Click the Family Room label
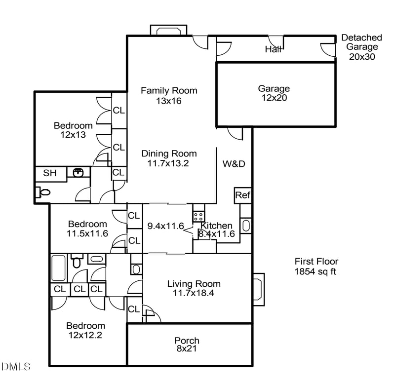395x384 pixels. [x=169, y=90]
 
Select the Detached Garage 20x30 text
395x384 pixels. [x=362, y=47]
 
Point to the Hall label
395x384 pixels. [x=273, y=49]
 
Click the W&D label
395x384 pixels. [x=234, y=163]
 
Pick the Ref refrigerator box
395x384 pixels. [x=242, y=195]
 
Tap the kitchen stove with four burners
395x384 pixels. [x=198, y=217]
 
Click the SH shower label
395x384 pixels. [x=49, y=173]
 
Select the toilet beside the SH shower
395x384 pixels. [x=43, y=192]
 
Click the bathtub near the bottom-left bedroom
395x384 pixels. [x=59, y=268]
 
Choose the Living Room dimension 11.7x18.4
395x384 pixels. [x=194, y=293]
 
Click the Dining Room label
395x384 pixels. [x=169, y=154]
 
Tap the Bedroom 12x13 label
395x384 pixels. [x=73, y=130]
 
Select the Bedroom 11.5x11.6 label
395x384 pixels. [x=87, y=229]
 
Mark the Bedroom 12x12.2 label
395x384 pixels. [x=86, y=330]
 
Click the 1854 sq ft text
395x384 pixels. [x=316, y=271]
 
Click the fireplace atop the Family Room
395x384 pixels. [x=169, y=31]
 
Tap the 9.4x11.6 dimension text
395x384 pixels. [x=166, y=226]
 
